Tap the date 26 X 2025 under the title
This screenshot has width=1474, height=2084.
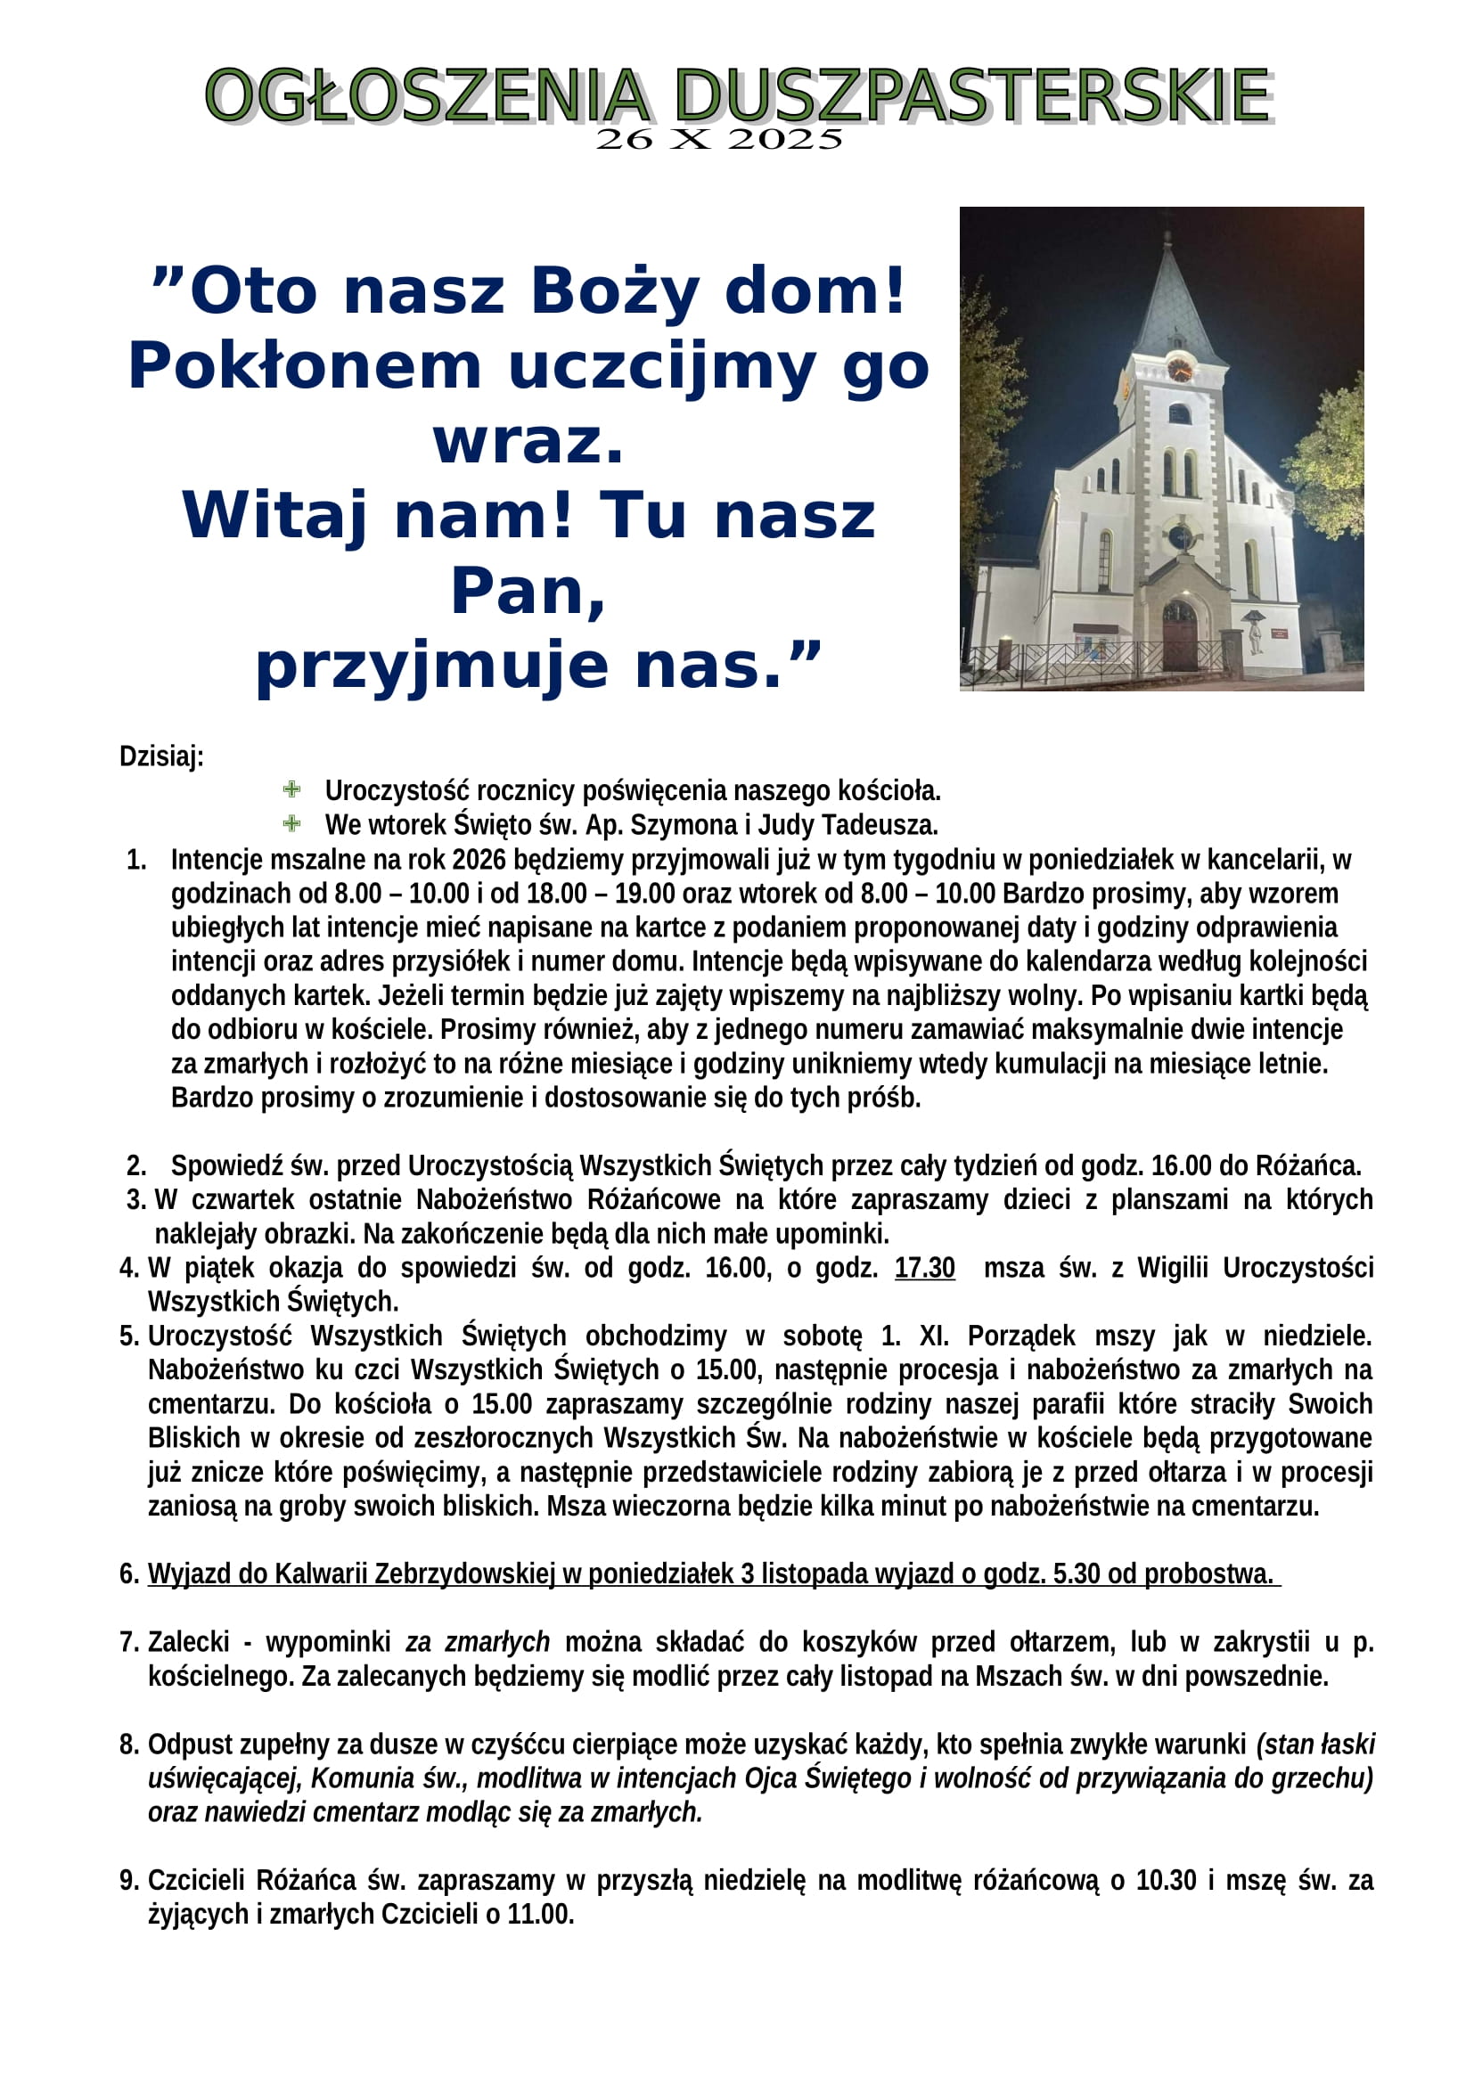pyautogui.click(x=719, y=140)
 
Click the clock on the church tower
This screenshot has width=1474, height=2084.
pyautogui.click(x=1179, y=369)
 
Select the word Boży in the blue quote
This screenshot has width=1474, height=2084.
pyautogui.click(x=615, y=292)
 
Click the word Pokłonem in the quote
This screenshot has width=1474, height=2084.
pyautogui.click(x=303, y=368)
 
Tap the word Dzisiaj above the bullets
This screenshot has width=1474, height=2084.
pyautogui.click(x=160, y=756)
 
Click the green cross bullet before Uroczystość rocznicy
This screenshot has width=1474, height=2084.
pyautogui.click(x=292, y=789)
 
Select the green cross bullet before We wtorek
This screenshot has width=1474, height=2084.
pyautogui.click(x=292, y=823)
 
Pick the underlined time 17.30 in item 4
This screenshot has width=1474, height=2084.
pyautogui.click(x=924, y=1267)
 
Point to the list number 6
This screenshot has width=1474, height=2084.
pyautogui.click(x=128, y=1573)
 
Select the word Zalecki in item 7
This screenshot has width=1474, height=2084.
pyautogui.click(x=189, y=1642)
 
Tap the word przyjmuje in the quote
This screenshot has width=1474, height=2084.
pyautogui.click(x=431, y=667)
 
